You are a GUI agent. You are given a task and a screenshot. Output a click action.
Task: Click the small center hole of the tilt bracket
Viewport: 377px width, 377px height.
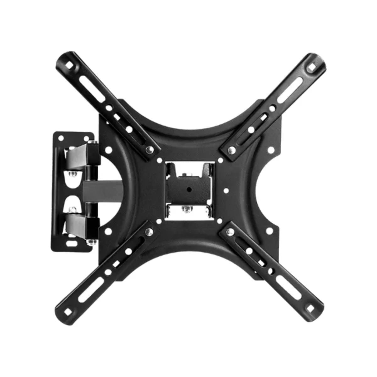coord(190,189)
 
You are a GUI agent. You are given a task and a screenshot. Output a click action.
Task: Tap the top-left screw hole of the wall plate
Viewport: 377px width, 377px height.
coord(60,137)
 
